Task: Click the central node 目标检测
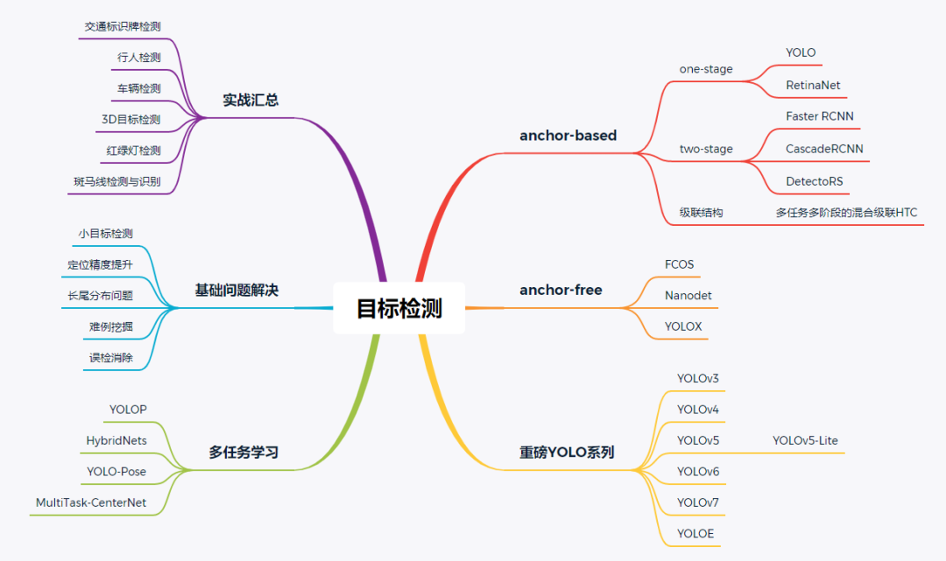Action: click(399, 308)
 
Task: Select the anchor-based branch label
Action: click(568, 136)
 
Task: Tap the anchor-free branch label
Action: click(561, 290)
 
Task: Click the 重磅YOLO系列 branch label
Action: click(567, 452)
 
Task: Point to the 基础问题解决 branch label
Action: click(236, 290)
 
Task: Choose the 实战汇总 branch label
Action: click(251, 100)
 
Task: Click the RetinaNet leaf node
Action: click(813, 85)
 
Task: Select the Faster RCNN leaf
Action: click(819, 116)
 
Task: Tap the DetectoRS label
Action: click(814, 181)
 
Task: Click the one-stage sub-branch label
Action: click(706, 69)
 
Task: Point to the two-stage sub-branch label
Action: click(706, 149)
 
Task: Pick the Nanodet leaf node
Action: click(688, 295)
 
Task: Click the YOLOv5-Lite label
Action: click(805, 440)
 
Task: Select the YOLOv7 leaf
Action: click(697, 502)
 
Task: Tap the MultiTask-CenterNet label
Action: click(91, 502)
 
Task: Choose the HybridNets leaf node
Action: click(116, 440)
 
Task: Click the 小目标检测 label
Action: click(106, 234)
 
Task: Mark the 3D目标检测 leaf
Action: click(131, 119)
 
